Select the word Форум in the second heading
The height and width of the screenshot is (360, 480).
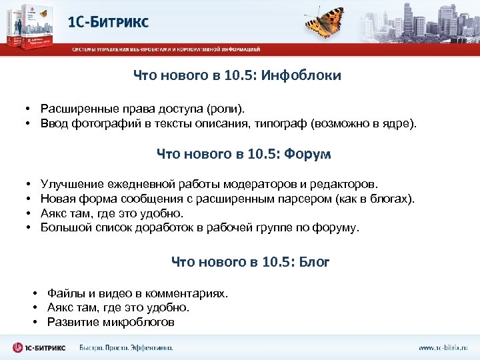tap(307, 155)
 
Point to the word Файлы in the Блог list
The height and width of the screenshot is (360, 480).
tap(65, 293)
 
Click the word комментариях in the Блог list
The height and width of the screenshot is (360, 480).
tap(187, 293)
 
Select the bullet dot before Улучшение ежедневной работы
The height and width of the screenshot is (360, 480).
tap(30, 183)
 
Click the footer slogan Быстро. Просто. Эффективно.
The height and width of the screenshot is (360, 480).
tap(126, 348)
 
